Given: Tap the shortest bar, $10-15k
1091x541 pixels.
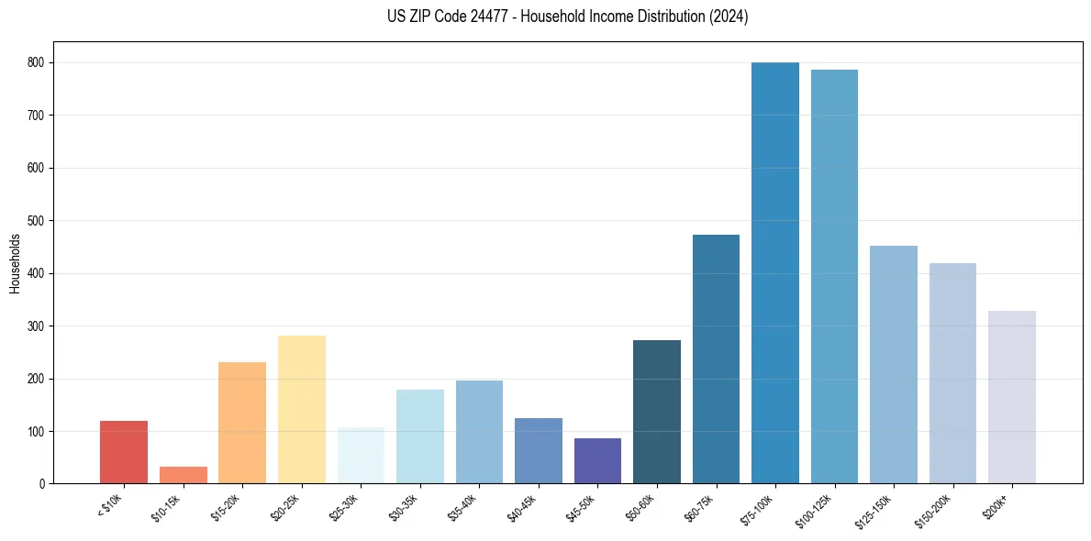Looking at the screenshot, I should (184, 475).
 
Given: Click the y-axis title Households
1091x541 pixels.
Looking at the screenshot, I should (15, 263).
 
